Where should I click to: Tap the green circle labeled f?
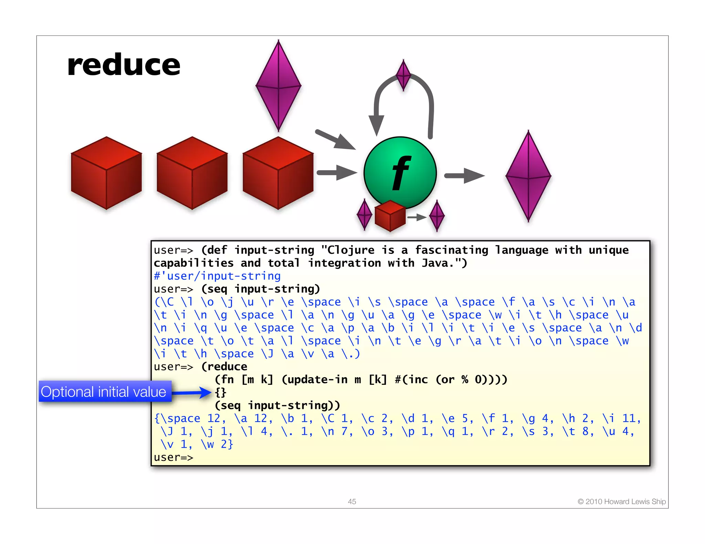click(400, 173)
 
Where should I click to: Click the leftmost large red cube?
click(106, 173)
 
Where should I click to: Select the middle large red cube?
click(192, 173)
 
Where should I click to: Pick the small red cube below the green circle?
click(390, 216)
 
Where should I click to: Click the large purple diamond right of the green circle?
click(528, 176)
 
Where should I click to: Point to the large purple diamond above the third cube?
click(278, 86)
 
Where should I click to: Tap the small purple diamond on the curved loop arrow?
click(403, 75)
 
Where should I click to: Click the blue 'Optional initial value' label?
click(104, 392)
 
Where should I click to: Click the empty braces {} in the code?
click(221, 392)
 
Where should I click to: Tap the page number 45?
click(352, 501)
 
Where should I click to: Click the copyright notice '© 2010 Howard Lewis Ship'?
click(622, 501)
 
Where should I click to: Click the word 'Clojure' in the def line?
click(350, 250)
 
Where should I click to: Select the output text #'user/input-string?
click(217, 276)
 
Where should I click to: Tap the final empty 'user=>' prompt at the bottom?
click(173, 457)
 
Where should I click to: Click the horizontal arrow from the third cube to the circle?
click(337, 173)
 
